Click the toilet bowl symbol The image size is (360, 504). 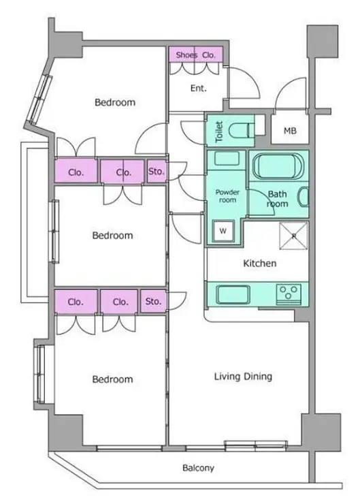click(241, 130)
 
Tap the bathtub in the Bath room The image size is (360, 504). click(278, 166)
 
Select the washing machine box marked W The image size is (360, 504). click(223, 230)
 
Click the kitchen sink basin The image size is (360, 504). click(233, 294)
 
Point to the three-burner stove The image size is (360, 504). click(289, 294)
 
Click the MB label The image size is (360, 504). click(290, 131)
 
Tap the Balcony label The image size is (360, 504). click(198, 468)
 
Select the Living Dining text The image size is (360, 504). click(243, 377)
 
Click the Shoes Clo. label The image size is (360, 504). click(195, 55)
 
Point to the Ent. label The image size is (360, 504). click(199, 88)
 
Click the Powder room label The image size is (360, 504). click(227, 196)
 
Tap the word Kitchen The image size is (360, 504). click(260, 264)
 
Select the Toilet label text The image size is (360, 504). click(219, 131)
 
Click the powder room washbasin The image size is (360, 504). click(227, 159)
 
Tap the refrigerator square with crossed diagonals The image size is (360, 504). click(293, 236)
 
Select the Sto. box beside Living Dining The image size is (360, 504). click(153, 302)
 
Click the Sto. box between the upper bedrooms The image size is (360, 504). click(157, 172)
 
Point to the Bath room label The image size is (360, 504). click(278, 199)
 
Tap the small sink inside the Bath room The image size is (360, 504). click(304, 197)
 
